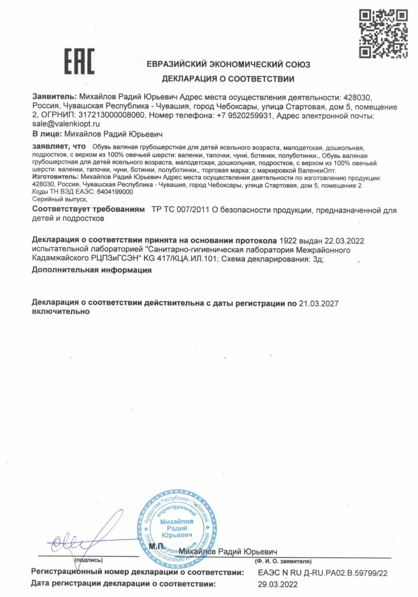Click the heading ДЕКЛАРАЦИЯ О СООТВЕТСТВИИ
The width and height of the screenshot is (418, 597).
click(x=228, y=79)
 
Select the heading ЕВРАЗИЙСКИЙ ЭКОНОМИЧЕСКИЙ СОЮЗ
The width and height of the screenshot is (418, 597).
click(x=228, y=65)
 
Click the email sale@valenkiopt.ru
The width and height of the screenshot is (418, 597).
click(x=66, y=124)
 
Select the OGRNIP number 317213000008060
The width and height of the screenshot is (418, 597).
click(x=111, y=115)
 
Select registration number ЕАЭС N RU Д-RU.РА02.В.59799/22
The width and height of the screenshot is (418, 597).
click(x=323, y=573)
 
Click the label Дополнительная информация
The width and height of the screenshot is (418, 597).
click(x=91, y=270)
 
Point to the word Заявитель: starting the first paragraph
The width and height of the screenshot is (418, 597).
click(x=54, y=97)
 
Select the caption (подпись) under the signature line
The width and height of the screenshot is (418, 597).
click(x=92, y=560)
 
